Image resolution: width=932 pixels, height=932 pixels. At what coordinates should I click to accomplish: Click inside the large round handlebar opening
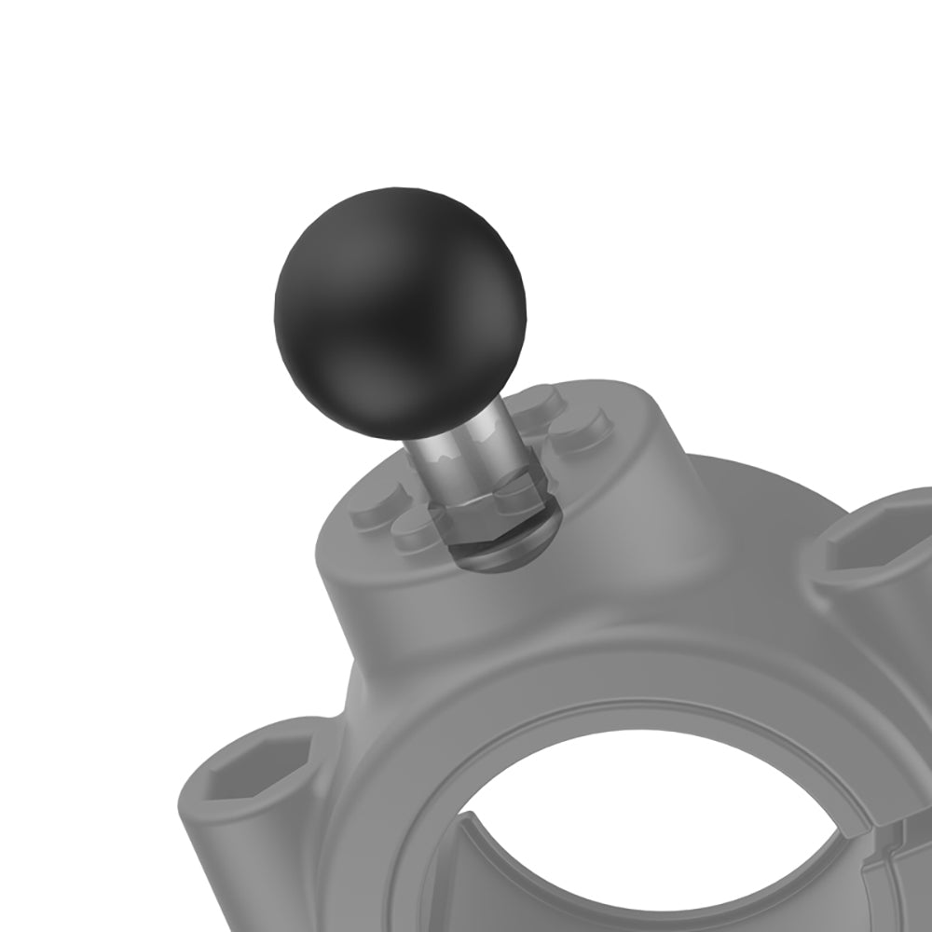click(x=652, y=839)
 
